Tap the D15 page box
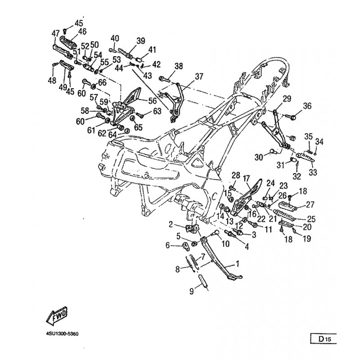324,339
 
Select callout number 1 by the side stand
238,264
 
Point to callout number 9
192,291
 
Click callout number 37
199,76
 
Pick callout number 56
153,100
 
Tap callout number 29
287,99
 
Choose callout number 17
246,178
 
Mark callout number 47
55,33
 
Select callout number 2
171,224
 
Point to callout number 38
179,66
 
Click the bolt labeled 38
164,79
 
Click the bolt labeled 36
292,117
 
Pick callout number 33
313,172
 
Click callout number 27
310,204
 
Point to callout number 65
138,127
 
